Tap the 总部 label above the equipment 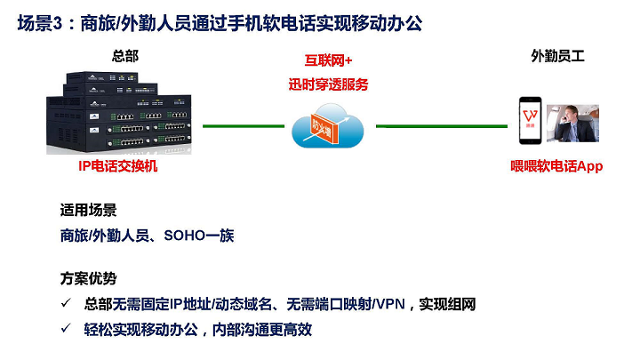pyautogui.click(x=125, y=56)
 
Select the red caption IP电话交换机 pyautogui.click(x=117, y=165)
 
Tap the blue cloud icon pyautogui.click(x=327, y=127)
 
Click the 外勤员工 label pyautogui.click(x=557, y=56)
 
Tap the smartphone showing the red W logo pyautogui.click(x=532, y=121)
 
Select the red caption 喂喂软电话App pyautogui.click(x=557, y=165)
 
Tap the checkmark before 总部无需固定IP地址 pyautogui.click(x=67, y=305)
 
